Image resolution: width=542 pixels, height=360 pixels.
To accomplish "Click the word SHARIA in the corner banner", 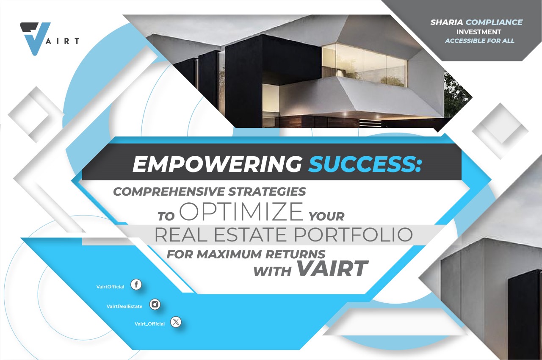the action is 447,22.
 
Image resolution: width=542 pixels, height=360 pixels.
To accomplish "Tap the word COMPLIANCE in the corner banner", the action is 494,22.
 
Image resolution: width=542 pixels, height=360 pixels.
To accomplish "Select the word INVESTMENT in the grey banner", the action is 478,32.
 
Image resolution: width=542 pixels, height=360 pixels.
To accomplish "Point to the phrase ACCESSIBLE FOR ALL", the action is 480,41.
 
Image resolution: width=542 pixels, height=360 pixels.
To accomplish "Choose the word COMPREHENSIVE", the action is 169,191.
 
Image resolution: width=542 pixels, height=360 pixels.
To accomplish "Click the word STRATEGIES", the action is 267,191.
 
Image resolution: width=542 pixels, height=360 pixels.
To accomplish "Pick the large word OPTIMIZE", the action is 241,212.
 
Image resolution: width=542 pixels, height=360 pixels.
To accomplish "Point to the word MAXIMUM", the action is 229,254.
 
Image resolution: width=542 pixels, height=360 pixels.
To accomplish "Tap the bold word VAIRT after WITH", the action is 332,269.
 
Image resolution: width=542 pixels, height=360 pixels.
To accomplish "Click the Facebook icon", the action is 136,285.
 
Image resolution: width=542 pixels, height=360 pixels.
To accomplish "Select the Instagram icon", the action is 155,304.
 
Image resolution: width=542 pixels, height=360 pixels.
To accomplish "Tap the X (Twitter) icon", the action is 176,322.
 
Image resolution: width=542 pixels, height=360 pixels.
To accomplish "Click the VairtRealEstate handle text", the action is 124,307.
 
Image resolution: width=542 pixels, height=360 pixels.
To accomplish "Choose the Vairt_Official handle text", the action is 149,324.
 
